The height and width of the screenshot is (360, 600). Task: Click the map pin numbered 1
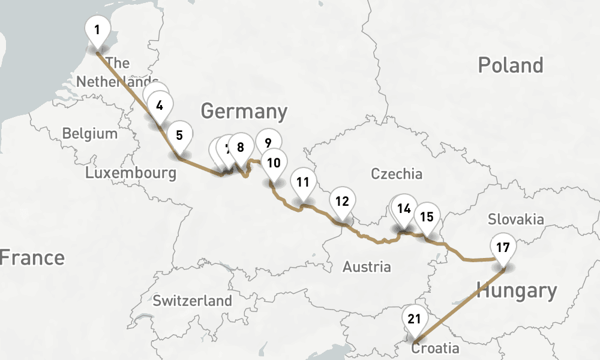click(97, 28)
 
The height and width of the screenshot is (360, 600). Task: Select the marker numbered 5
click(179, 135)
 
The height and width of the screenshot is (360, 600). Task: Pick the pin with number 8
click(241, 147)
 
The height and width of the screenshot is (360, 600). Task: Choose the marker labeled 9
click(268, 143)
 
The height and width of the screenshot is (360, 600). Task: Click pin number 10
click(274, 163)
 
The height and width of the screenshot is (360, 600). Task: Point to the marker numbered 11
click(302, 182)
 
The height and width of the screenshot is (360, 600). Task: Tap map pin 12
click(342, 202)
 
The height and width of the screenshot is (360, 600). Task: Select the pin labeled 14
click(404, 209)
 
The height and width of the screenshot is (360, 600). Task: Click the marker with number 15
click(427, 217)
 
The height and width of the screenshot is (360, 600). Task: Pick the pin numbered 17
click(503, 247)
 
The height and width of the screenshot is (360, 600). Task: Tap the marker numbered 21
click(414, 319)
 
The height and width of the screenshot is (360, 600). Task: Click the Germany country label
click(244, 112)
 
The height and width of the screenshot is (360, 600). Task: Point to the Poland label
click(510, 65)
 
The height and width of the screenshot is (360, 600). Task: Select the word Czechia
click(397, 175)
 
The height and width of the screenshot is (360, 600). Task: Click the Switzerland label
click(192, 301)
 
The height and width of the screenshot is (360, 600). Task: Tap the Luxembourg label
click(131, 173)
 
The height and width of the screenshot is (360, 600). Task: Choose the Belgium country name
click(90, 133)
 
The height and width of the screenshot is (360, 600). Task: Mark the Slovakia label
click(515, 219)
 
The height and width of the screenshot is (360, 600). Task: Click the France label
click(31, 258)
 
